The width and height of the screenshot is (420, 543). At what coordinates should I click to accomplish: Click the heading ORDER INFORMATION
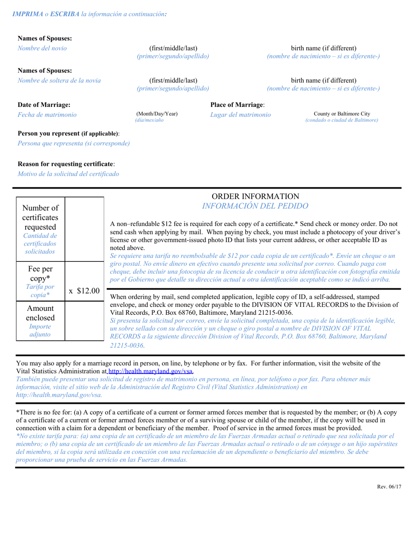(255, 196)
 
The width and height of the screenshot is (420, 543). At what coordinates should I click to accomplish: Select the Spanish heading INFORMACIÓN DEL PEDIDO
(255, 206)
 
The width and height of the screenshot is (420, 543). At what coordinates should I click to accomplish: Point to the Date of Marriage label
(44, 105)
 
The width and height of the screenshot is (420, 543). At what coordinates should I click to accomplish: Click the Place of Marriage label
(237, 105)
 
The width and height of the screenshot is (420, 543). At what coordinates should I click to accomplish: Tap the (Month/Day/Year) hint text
(157, 114)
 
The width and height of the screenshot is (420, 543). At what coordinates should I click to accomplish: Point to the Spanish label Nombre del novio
(42, 48)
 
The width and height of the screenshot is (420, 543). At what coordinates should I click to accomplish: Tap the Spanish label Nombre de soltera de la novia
(59, 80)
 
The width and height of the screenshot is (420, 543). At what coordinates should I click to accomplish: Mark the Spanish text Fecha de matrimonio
(47, 115)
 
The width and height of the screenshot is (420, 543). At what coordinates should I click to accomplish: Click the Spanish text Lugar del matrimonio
(241, 115)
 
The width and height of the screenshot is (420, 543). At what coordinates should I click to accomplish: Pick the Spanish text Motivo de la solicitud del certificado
(68, 174)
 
